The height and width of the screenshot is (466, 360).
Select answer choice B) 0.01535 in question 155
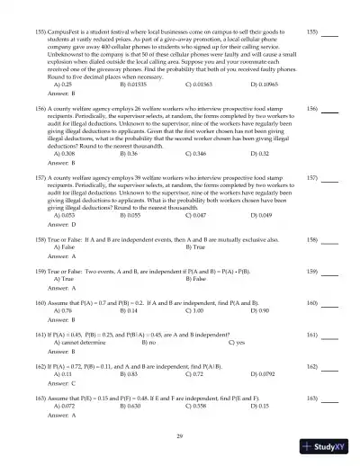136,82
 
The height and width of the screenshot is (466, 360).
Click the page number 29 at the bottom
180,435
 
